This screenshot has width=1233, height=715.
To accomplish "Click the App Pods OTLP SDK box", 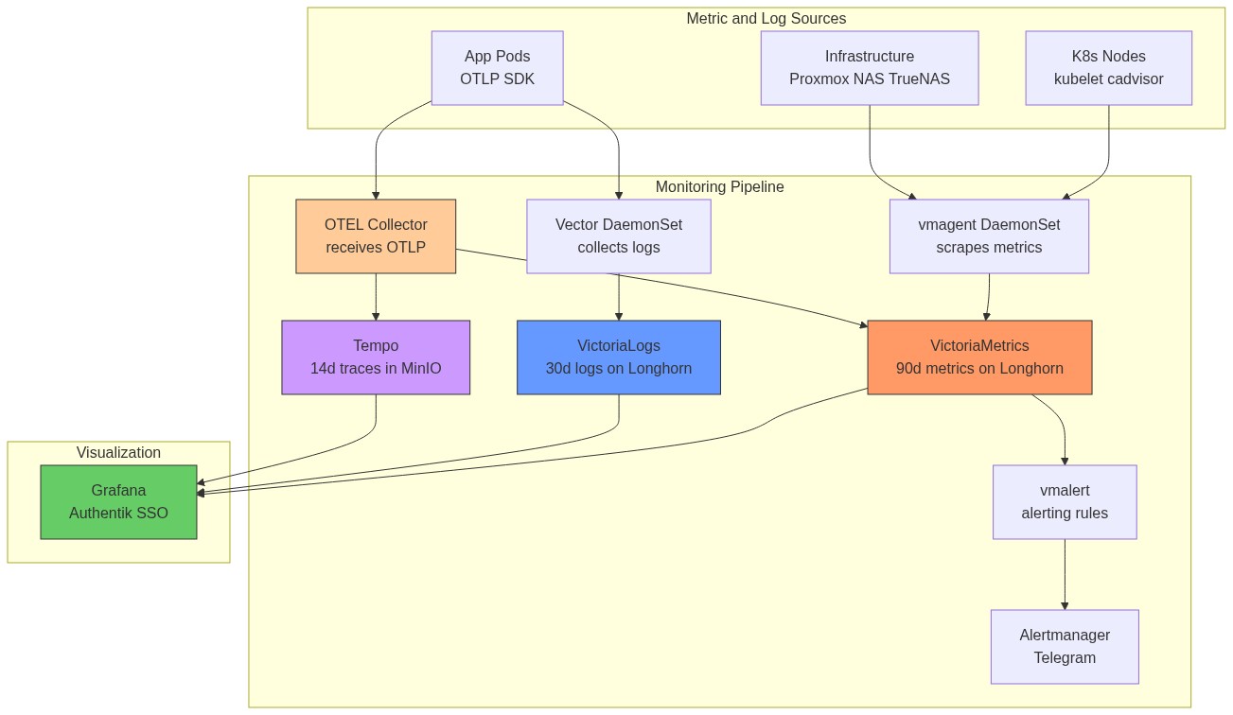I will pos(497,68).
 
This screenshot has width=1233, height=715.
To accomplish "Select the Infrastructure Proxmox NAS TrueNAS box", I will pos(869,68).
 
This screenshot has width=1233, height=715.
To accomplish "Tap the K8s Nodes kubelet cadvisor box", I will pos(1108,68).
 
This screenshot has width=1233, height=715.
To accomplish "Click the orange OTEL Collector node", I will pos(376,236).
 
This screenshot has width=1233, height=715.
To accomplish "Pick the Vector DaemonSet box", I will pos(618,236).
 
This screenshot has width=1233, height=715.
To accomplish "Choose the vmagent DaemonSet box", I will pos(989,236).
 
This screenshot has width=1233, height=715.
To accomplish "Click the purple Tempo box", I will pos(376,357).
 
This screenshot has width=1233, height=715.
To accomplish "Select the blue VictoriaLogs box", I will pos(618,357).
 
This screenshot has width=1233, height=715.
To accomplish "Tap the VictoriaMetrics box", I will pos(979,357).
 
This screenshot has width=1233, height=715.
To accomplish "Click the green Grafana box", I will pos(118,502).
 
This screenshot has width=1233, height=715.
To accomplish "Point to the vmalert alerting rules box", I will pos(1065,502).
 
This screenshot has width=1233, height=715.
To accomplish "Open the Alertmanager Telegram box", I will pos(1065,646).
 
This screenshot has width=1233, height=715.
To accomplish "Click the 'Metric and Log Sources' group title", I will pos(766,19).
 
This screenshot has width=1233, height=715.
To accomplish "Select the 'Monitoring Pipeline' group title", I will pos(719,187).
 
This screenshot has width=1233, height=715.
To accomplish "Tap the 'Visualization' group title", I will pos(118,453).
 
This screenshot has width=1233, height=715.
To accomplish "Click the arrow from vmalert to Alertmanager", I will pos(1065,574).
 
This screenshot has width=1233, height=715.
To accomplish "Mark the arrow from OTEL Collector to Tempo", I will pos(376,297).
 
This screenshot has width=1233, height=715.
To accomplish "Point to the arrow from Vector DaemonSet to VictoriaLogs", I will pos(618,297).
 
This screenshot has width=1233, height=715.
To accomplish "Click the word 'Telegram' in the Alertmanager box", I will pos(1065,658).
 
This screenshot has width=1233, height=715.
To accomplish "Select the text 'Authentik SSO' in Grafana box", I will pos(118,514).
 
